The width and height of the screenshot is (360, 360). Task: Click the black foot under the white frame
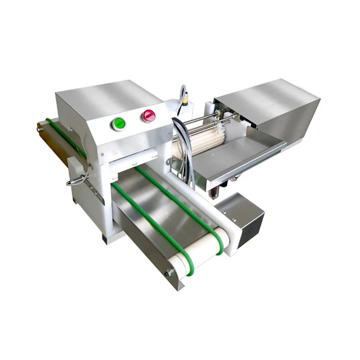[104, 238]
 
